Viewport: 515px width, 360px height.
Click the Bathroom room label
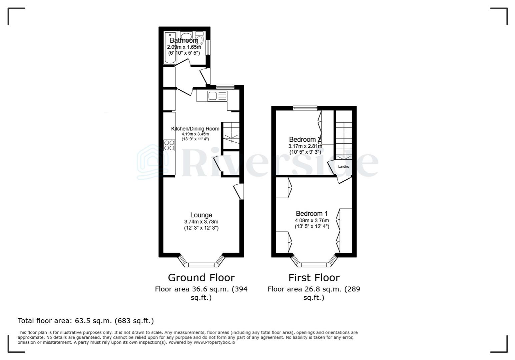184,40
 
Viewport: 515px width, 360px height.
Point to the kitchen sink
212,96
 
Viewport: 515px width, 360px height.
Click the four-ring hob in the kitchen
169,145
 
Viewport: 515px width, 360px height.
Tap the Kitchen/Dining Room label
195,129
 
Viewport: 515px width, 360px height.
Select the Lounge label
201,215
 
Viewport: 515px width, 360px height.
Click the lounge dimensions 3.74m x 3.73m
201,222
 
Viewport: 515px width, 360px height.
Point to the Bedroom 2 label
305,139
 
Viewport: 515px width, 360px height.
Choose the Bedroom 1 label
312,213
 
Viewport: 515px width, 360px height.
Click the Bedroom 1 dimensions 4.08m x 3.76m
312,220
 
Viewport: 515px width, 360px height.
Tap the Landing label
344,167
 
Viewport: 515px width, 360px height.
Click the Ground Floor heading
201,277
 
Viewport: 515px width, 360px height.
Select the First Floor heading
314,277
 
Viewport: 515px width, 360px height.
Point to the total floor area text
86,321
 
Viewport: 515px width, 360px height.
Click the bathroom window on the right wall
208,47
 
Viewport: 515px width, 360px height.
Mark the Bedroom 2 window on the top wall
305,108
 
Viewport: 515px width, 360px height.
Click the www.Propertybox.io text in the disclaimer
214,342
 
